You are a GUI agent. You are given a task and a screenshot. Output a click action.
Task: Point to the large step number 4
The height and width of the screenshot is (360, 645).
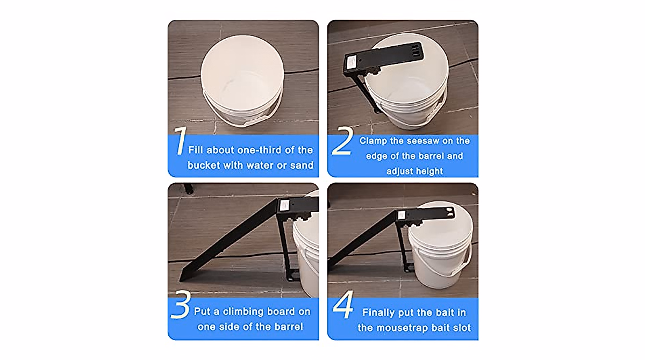click(342, 308)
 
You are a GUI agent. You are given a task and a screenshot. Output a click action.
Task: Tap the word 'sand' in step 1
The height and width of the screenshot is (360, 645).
click(302, 165)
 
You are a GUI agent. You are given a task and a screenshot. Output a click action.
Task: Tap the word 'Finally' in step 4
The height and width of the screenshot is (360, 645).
click(381, 313)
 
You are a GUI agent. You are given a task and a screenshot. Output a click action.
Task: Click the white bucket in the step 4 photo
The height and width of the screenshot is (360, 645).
click(438, 253)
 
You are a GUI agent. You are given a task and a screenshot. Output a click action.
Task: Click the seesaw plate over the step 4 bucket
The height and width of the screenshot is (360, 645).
click(435, 213)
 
